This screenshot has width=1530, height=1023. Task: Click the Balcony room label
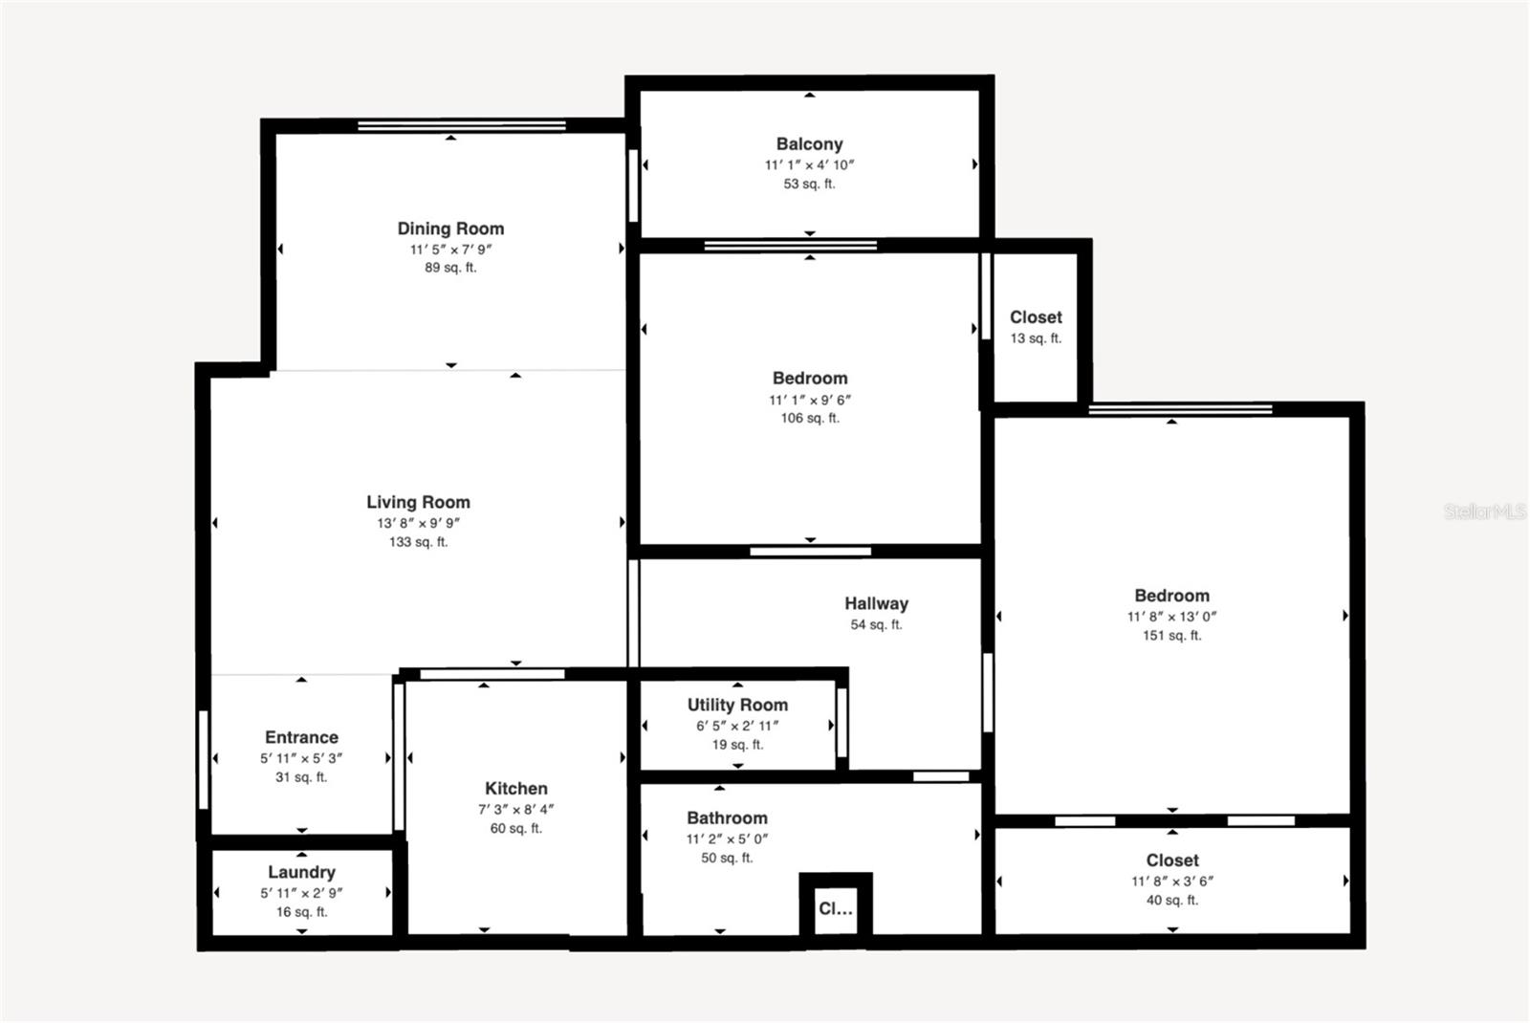[809, 144]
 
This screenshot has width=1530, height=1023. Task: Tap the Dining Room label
[450, 229]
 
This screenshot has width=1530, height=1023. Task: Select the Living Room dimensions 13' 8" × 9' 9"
[418, 523]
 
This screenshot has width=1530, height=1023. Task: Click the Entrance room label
[301, 737]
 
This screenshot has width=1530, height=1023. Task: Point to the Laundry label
[301, 872]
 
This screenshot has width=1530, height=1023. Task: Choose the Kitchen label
[515, 789]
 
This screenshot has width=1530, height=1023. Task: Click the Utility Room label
[737, 705]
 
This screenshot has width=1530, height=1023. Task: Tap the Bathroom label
[727, 818]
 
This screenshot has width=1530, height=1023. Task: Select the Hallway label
[876, 603]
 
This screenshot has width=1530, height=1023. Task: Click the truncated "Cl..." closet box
[835, 908]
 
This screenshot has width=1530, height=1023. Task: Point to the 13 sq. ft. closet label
[1036, 338]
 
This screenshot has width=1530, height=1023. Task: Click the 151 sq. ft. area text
[1171, 635]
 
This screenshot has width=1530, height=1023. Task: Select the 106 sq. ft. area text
[809, 418]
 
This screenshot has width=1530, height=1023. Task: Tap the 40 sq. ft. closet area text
[1171, 900]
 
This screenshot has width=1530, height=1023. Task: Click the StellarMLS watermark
[1483, 511]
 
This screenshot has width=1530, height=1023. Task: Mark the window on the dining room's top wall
[461, 125]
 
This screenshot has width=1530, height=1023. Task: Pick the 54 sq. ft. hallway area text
[876, 624]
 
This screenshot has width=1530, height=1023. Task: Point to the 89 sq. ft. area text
[450, 268]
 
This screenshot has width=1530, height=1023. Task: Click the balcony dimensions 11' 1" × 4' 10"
[809, 164]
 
